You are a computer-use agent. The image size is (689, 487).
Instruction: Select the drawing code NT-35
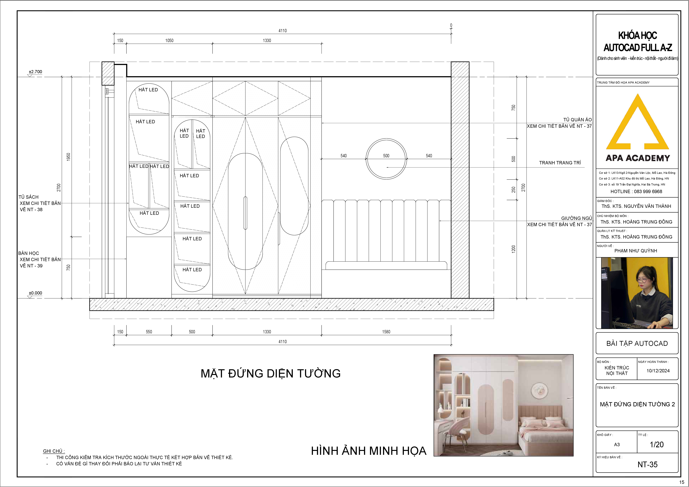(x=647, y=465)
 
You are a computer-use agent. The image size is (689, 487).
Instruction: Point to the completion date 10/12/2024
(x=658, y=371)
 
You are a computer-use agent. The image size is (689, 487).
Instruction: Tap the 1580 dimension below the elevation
(x=386, y=332)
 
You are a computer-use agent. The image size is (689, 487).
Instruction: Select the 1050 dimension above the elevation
(x=169, y=41)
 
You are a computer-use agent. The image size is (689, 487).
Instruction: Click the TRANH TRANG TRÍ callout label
(x=560, y=163)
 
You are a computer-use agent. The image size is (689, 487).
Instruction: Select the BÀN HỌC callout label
(x=28, y=253)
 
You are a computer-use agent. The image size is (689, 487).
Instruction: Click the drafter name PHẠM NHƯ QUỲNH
(x=636, y=251)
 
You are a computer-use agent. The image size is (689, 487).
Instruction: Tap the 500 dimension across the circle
(x=386, y=156)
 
